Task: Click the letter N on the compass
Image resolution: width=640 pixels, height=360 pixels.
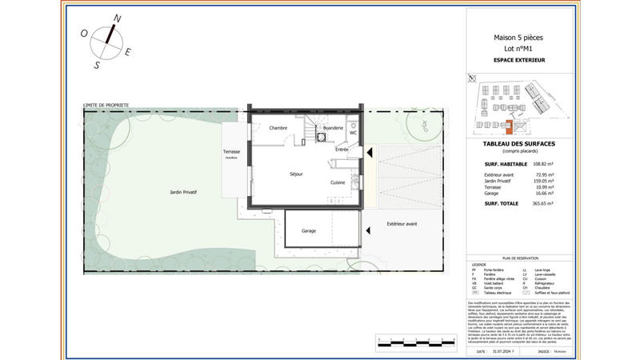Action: click(x=117, y=18)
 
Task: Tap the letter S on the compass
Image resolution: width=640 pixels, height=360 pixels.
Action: click(x=97, y=66)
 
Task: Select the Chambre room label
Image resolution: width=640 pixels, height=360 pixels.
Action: click(x=278, y=128)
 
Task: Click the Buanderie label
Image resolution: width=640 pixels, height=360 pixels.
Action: click(x=333, y=128)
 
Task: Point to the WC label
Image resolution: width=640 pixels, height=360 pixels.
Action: click(x=353, y=133)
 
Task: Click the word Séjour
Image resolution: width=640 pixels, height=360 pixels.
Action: click(x=296, y=174)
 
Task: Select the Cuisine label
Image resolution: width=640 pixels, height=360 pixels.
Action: click(x=338, y=182)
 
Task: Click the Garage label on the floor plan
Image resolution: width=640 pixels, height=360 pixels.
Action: click(x=309, y=230)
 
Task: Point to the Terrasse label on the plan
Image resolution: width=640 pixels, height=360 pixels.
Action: click(x=232, y=152)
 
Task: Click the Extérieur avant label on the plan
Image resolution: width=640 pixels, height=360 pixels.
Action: click(x=402, y=223)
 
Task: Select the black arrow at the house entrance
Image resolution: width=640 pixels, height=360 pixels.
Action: click(x=369, y=151)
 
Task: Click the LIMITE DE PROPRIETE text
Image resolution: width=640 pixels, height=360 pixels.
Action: click(x=106, y=105)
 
